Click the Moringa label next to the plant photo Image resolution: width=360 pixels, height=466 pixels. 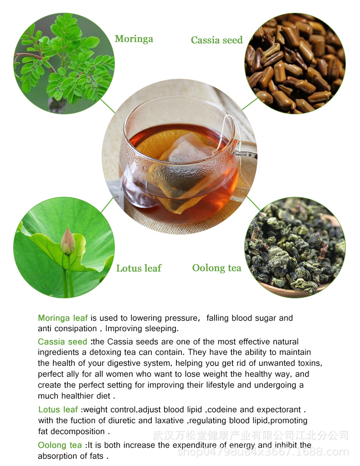134,39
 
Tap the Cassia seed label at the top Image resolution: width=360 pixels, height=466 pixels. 216,40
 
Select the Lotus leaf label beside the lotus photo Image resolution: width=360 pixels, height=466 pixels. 139,268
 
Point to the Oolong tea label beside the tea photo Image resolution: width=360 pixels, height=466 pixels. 216,268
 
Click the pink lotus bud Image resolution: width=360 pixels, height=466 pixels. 67,241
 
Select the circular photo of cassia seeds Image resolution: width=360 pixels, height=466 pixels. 295,63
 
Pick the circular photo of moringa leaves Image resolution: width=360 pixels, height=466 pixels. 63,63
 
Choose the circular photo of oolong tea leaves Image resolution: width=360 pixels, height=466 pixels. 295,247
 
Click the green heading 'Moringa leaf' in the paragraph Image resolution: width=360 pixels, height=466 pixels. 63,318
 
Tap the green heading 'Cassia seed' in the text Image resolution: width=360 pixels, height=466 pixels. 62,342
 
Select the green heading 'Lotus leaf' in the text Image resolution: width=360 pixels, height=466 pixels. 58,410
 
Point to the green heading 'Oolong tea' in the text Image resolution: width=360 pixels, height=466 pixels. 60,445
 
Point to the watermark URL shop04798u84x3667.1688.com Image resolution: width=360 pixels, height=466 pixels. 262,452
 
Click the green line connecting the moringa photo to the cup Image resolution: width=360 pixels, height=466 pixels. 108,106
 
